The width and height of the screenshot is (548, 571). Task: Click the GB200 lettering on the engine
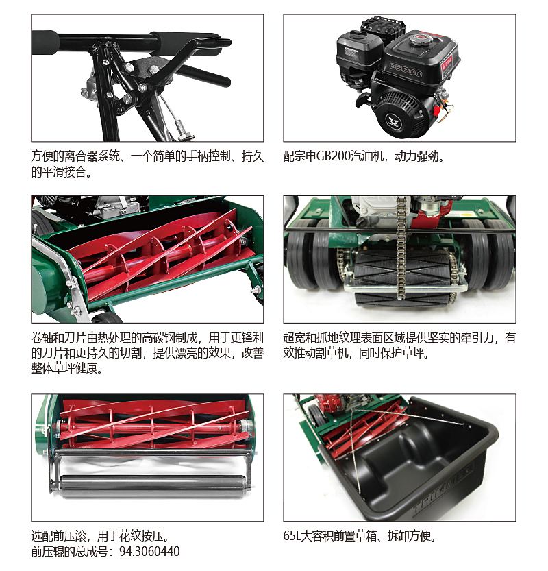click(x=406, y=70)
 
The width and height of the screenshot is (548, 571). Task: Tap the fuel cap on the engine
click(x=421, y=38)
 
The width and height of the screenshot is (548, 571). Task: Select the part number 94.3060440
click(x=149, y=551)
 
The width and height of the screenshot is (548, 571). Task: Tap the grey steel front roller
click(x=153, y=486)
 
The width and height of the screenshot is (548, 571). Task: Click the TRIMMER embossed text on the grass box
click(x=443, y=490)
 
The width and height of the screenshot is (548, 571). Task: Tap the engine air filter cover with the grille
click(x=382, y=27)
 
